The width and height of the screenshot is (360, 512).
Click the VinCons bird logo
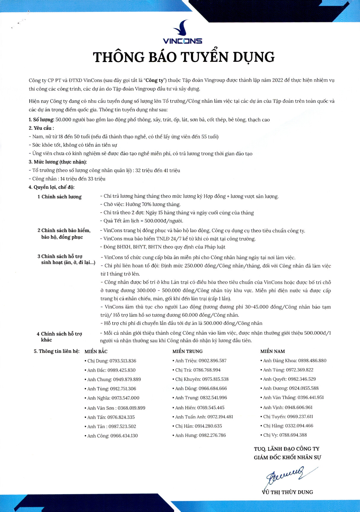[x=182, y=28]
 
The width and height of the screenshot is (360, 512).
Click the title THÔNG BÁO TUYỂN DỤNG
[x=184, y=57]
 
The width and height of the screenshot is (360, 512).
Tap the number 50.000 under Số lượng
[x=63, y=120]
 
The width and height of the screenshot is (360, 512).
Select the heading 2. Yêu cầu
[x=41, y=128]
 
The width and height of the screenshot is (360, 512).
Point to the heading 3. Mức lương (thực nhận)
[x=58, y=162]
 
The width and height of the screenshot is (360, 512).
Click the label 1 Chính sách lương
[x=60, y=197]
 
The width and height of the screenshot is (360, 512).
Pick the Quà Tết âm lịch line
[x=141, y=221]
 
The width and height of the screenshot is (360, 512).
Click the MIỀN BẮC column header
[x=96, y=351]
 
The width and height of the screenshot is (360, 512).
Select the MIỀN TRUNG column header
[x=188, y=351]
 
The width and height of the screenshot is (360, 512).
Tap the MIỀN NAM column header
[x=273, y=351]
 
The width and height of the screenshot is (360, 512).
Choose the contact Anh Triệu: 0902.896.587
[x=199, y=361]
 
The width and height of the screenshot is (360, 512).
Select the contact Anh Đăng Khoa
[x=293, y=361]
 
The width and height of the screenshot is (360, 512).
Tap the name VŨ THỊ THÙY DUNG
[x=287, y=492]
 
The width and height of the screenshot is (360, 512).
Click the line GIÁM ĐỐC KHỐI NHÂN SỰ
[x=287, y=457]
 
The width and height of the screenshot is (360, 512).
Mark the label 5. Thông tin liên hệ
[x=57, y=351]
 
